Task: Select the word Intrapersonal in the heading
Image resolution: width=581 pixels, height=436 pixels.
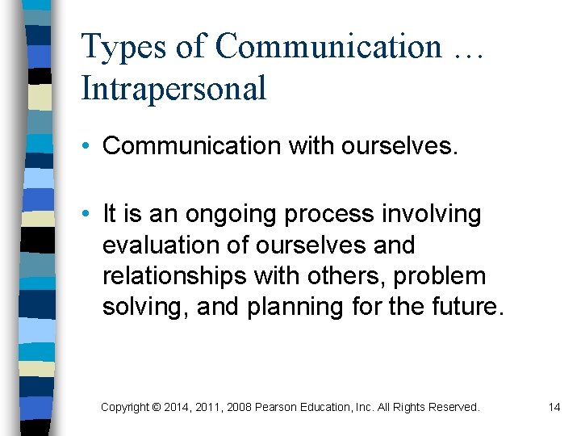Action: [x=173, y=88]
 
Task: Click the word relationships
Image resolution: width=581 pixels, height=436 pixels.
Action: [x=173, y=276]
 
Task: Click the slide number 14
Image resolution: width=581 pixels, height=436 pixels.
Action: [x=554, y=407]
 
